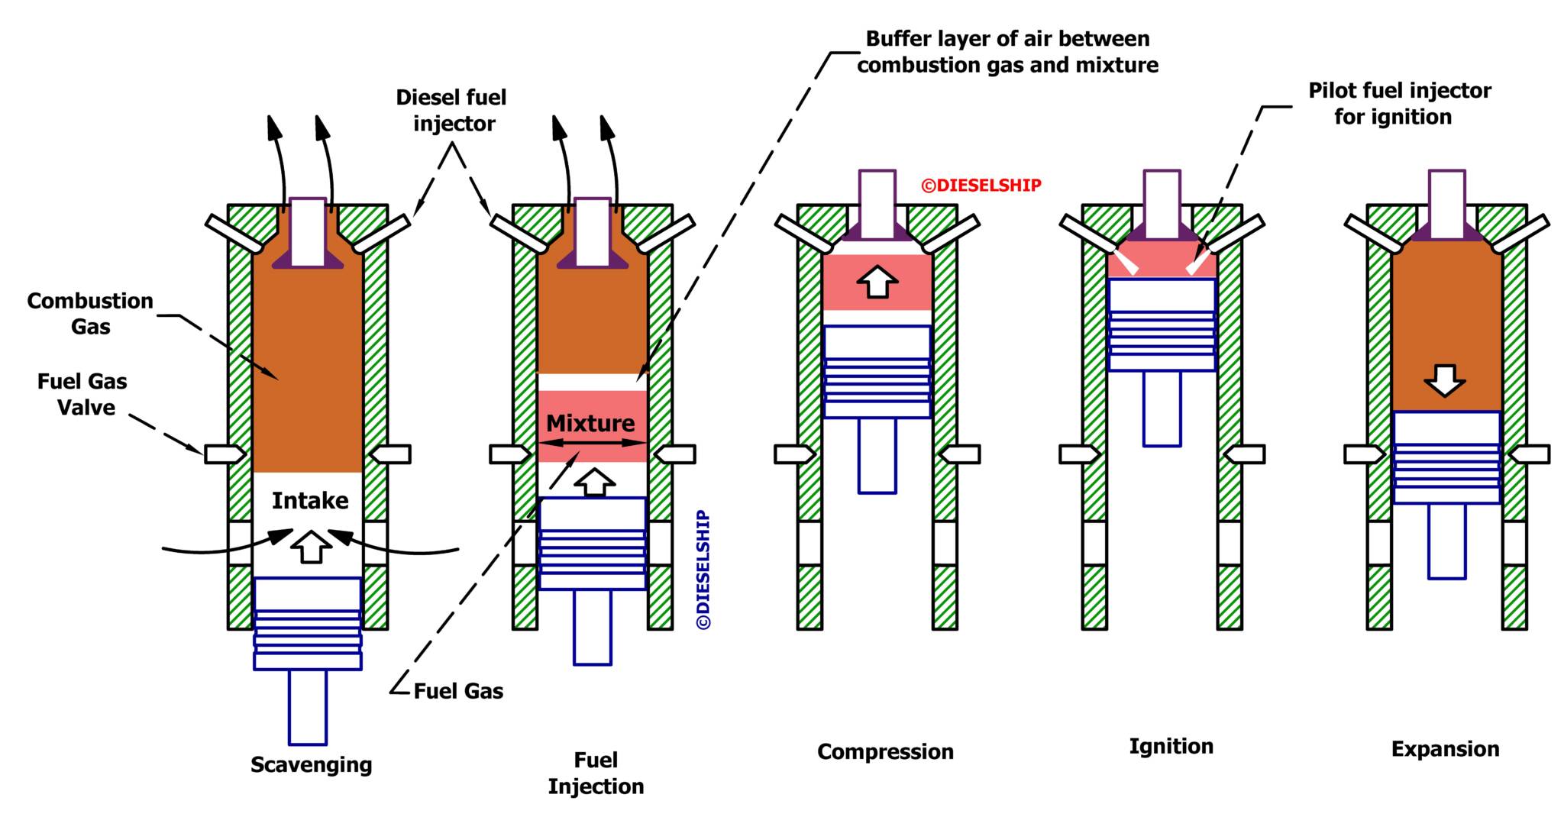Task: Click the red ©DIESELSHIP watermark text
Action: pos(981,186)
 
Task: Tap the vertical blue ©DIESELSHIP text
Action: pos(704,570)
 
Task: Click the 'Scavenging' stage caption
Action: pos(311,764)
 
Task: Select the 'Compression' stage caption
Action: pos(885,751)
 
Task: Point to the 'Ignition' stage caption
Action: pos(1171,746)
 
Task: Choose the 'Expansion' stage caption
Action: pos(1445,748)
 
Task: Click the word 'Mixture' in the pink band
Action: pos(590,422)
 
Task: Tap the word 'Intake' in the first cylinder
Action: pos(310,500)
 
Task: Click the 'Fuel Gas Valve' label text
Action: pos(82,394)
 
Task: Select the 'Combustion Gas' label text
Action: pos(90,313)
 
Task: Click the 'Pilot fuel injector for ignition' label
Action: pos(1398,103)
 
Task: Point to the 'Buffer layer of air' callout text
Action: pos(1007,52)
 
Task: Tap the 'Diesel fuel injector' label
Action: pos(451,110)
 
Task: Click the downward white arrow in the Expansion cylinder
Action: pos(1445,379)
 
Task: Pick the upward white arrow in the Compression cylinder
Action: pos(877,282)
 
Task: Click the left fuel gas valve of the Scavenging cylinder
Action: pos(225,454)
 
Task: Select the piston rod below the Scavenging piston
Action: pos(308,706)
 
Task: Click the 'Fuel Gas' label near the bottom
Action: pos(458,691)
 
